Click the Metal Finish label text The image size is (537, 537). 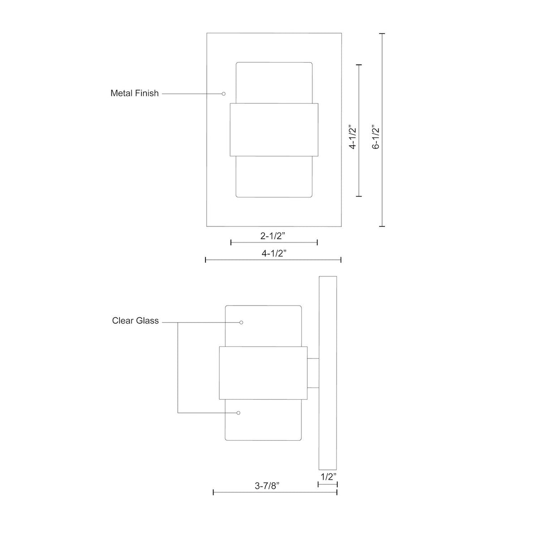pos(135,93)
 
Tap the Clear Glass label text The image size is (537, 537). pos(135,320)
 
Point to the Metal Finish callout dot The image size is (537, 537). pos(223,94)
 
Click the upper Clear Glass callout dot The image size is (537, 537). pos(241,322)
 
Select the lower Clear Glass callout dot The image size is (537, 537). pos(238,413)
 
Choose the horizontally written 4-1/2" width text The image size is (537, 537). pos(274,253)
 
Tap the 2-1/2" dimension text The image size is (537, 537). pos(273,236)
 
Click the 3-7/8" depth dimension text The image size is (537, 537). pos(267,486)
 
